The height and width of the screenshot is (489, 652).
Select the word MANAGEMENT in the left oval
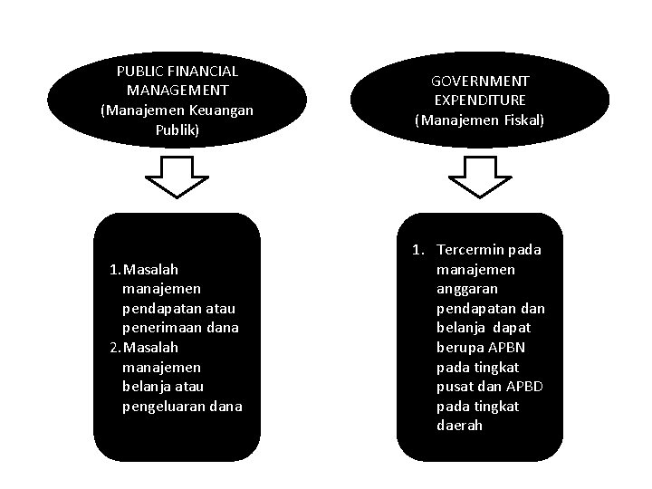(177, 91)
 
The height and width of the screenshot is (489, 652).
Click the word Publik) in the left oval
(177, 130)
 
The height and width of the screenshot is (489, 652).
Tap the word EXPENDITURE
(480, 100)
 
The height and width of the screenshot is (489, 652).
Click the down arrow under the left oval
(177, 177)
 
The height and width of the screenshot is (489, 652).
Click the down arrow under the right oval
(480, 177)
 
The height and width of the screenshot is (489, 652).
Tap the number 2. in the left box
(114, 348)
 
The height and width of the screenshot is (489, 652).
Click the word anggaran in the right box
(463, 289)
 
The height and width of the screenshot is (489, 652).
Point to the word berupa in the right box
(457, 348)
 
